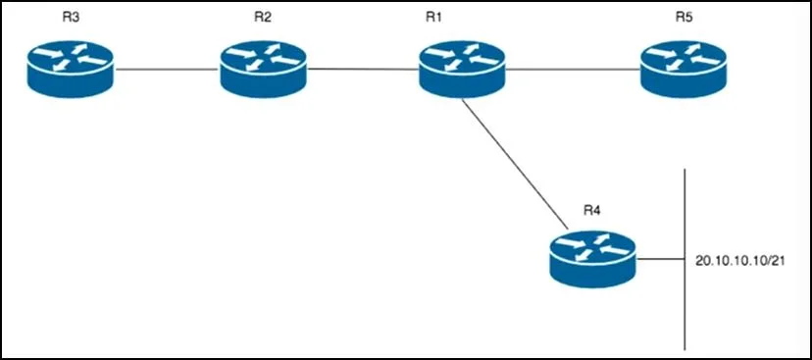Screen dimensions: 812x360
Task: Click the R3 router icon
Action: tap(70, 70)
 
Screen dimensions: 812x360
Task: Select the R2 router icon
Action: tap(263, 70)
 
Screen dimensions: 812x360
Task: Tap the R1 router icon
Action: tap(462, 70)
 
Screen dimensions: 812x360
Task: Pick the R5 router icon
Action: tap(684, 70)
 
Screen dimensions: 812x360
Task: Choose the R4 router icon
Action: tap(593, 259)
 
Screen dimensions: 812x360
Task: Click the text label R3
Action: tap(70, 17)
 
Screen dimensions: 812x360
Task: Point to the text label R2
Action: tap(263, 17)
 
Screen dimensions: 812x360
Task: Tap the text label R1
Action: tap(433, 17)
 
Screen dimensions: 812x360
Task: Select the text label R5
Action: tap(684, 17)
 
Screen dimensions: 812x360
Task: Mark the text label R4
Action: tap(592, 210)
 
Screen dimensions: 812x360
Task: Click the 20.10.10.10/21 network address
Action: tap(740, 262)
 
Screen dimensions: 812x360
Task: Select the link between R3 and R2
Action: tap(167, 69)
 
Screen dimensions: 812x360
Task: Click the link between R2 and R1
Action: tap(363, 69)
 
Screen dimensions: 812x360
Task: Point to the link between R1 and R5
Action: tap(573, 69)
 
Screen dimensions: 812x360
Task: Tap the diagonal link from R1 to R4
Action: tap(514, 164)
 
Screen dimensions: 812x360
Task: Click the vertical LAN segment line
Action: tap(685, 260)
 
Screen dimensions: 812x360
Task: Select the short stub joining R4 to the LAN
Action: tap(661, 260)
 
